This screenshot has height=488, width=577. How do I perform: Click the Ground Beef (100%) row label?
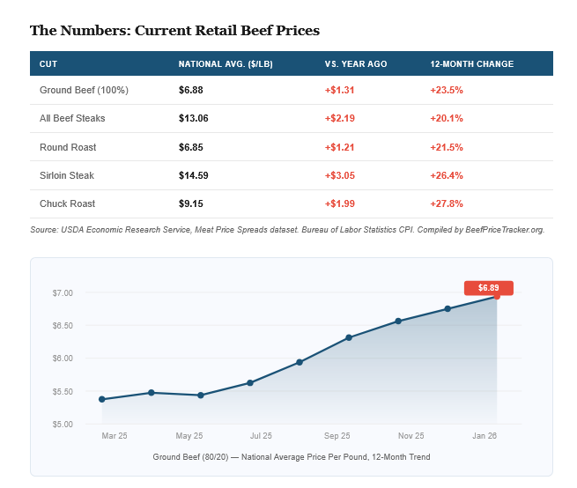pyautogui.click(x=84, y=90)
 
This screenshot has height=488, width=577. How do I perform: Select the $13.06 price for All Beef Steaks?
pyautogui.click(x=194, y=118)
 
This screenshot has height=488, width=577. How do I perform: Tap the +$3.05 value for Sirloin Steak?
pyautogui.click(x=340, y=175)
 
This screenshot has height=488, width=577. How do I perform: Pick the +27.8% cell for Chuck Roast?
pyautogui.click(x=447, y=203)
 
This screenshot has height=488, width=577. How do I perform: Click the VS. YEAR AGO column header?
pyautogui.click(x=356, y=64)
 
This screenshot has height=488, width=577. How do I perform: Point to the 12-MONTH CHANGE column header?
pyautogui.click(x=472, y=64)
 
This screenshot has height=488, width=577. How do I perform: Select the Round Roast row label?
pyautogui.click(x=68, y=147)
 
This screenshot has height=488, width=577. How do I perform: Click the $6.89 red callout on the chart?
pyautogui.click(x=489, y=288)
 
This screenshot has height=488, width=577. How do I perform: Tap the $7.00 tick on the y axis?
pyautogui.click(x=63, y=293)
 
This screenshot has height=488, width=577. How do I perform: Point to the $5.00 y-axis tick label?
pyautogui.click(x=63, y=425)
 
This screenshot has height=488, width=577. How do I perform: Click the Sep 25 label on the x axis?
pyautogui.click(x=337, y=436)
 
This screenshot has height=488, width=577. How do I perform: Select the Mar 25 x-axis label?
pyautogui.click(x=115, y=436)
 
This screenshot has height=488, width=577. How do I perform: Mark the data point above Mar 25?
pyautogui.click(x=102, y=399)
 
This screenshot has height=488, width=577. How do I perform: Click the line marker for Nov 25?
pyautogui.click(x=398, y=321)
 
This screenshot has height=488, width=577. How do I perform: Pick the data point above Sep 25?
pyautogui.click(x=349, y=337)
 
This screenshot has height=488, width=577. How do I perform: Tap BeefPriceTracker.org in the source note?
pyautogui.click(x=505, y=230)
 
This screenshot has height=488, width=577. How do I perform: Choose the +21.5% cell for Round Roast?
pyautogui.click(x=447, y=147)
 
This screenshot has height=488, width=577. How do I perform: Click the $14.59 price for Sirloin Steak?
pyautogui.click(x=194, y=175)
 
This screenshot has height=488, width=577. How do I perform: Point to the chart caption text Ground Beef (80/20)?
pyautogui.click(x=190, y=457)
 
